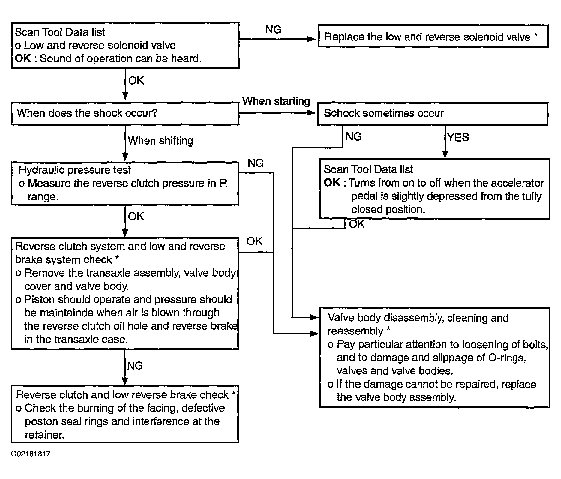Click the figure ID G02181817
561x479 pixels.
31,454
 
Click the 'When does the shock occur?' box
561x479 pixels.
125,113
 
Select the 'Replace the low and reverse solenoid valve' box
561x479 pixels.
433,36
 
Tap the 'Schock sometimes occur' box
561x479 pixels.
433,113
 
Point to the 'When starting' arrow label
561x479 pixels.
276,101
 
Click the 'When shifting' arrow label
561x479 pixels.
160,141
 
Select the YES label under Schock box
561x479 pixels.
458,137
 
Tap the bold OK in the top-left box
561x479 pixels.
23,58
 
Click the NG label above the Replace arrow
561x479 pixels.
273,30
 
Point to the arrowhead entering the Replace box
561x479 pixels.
313,39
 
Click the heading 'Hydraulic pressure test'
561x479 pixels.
75,170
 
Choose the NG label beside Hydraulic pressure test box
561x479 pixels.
256,163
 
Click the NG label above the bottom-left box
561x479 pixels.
135,366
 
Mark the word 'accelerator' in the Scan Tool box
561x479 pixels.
517,183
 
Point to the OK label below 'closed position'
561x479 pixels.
356,224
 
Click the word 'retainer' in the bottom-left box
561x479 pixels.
45,435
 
